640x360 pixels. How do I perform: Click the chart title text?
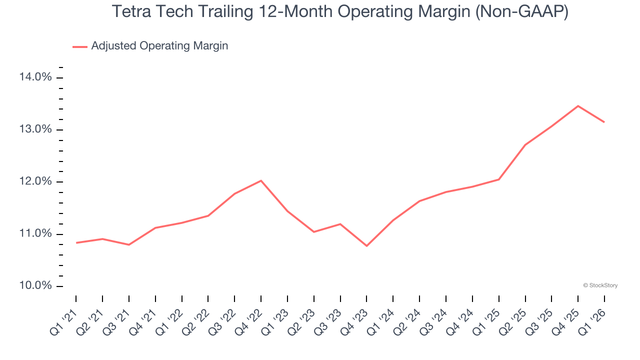pyautogui.click(x=340, y=11)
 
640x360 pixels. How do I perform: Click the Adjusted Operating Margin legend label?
pyautogui.click(x=159, y=46)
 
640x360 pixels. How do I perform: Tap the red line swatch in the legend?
pyautogui.click(x=80, y=46)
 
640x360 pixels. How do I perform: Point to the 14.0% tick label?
pyautogui.click(x=35, y=77)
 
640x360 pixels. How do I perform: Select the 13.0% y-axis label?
pyautogui.click(x=35, y=129)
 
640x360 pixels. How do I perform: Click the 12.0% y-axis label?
pyautogui.click(x=35, y=181)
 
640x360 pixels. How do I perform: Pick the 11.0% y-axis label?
pyautogui.click(x=35, y=233)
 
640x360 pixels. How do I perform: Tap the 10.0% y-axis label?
pyautogui.click(x=35, y=285)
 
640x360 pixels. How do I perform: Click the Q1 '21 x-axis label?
pyautogui.click(x=64, y=321)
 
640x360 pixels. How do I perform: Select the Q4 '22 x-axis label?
pyautogui.click(x=249, y=321)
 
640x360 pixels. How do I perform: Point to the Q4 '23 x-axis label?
pyautogui.click(x=354, y=321)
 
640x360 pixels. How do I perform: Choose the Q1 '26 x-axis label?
pyautogui.click(x=592, y=321)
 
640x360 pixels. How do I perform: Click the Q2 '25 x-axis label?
pyautogui.click(x=513, y=321)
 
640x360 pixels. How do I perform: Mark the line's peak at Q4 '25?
pyautogui.click(x=578, y=106)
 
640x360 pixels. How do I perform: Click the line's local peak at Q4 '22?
pyautogui.click(x=261, y=180)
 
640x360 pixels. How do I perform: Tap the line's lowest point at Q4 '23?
pyautogui.click(x=366, y=245)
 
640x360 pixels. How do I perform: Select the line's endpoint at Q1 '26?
pyautogui.click(x=604, y=122)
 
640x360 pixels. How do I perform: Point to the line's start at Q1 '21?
pyautogui.click(x=76, y=242)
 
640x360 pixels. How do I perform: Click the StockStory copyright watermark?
pyautogui.click(x=600, y=285)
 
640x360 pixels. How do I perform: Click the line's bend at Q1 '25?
pyautogui.click(x=498, y=179)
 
